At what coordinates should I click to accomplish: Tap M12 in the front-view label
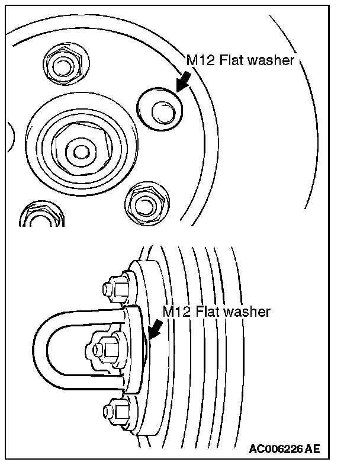[200, 61]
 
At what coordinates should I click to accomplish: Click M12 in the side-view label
[176, 312]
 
